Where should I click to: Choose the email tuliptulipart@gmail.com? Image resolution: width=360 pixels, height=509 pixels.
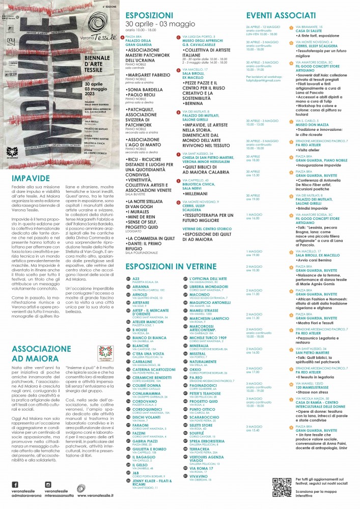pos(261,80)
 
